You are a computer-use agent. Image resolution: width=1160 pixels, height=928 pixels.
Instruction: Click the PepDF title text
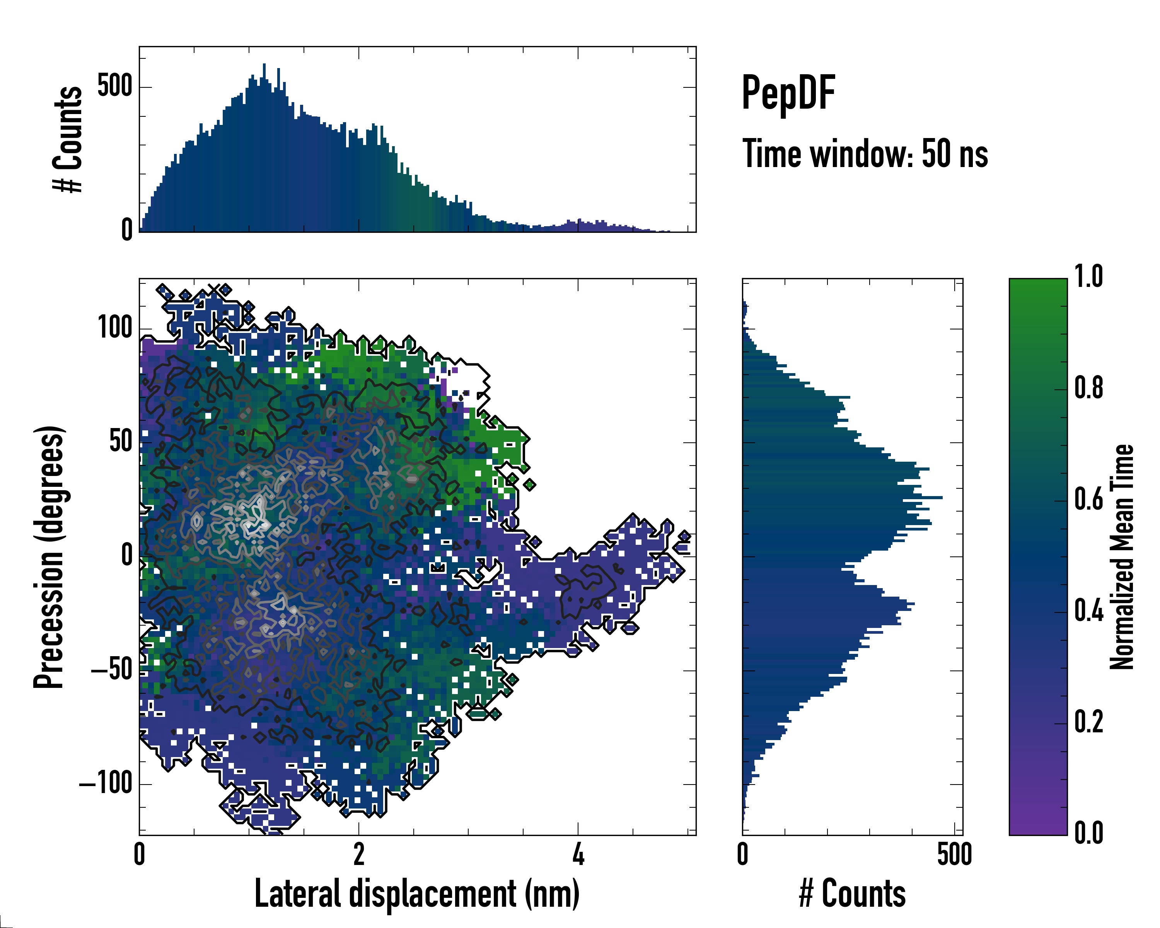click(788, 94)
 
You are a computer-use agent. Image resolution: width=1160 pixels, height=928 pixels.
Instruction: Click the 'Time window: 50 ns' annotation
click(865, 154)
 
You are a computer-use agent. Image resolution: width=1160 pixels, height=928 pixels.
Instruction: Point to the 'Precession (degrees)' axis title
click(49, 557)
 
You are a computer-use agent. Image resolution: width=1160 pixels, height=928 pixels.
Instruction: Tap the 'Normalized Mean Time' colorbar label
click(1122, 557)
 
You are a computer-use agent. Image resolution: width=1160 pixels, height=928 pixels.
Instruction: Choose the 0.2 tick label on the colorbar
click(1088, 722)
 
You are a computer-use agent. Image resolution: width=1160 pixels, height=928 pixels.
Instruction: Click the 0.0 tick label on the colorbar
click(1088, 833)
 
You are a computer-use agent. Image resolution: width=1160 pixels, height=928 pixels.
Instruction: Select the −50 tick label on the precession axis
click(111, 670)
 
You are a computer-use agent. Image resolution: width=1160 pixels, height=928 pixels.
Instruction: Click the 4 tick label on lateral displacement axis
click(578, 854)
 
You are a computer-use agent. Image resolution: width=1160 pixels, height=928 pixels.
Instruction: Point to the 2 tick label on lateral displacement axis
click(358, 854)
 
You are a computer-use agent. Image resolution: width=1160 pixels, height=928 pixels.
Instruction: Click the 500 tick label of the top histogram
click(114, 86)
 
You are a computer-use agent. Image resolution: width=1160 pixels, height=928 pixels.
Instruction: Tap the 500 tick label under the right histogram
click(954, 854)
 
